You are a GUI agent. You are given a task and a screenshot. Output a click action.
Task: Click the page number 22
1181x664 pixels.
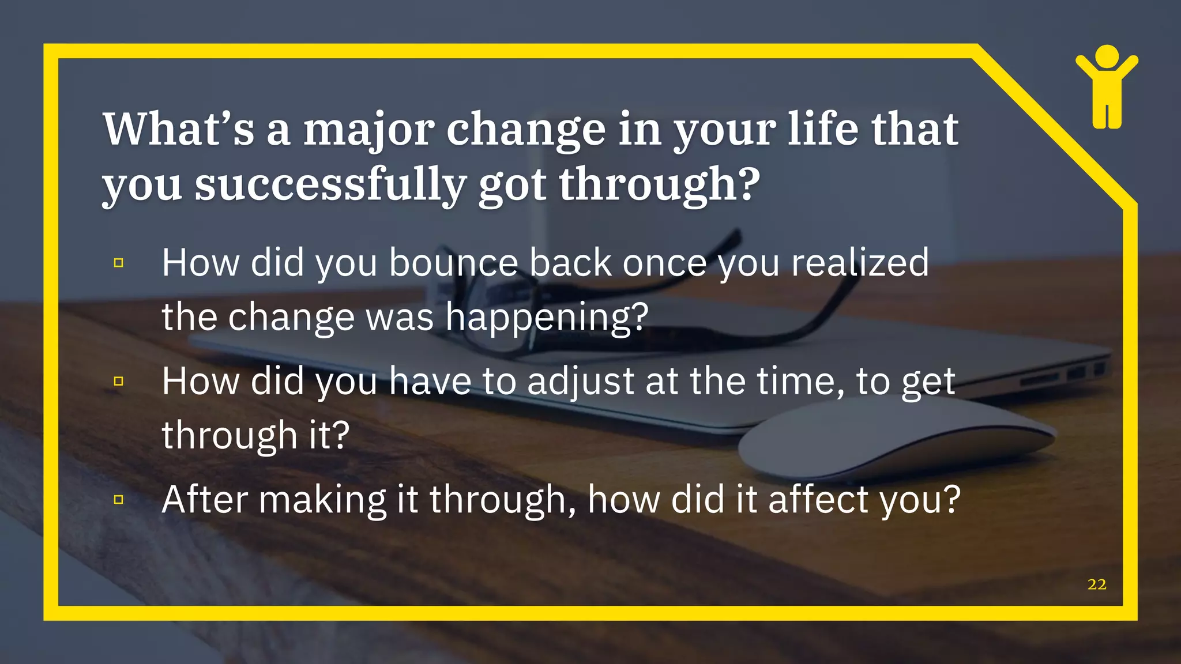[1096, 584]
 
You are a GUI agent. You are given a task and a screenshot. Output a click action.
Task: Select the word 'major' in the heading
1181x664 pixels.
[368, 130]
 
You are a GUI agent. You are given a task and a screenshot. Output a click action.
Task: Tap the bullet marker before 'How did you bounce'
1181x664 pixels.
[119, 263]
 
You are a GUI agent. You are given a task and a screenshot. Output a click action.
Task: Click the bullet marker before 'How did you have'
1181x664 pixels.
[119, 381]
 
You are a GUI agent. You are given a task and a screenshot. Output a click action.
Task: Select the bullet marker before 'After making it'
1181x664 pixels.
[119, 499]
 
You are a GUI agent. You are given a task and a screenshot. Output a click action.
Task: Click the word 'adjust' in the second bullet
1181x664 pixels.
[581, 382]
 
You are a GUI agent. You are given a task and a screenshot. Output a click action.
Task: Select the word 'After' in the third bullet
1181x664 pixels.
[205, 499]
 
